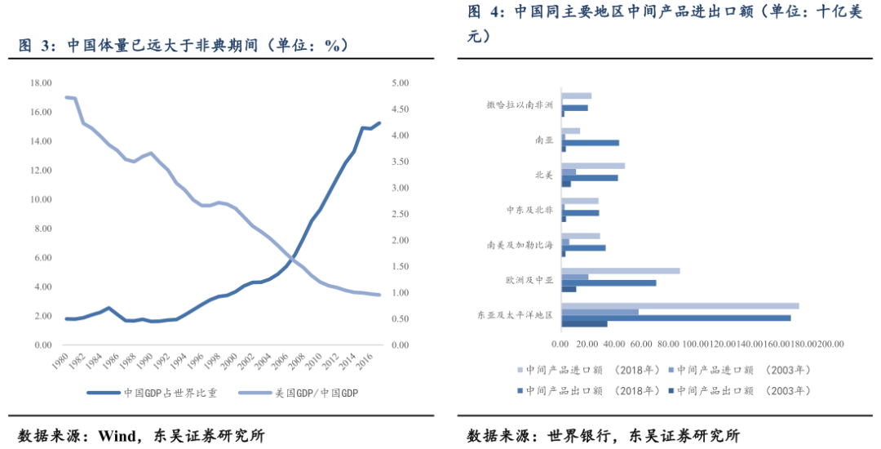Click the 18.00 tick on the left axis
coord(41,83)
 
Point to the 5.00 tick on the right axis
coord(400,83)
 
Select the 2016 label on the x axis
coord(368,361)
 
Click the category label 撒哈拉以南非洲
coord(520,104)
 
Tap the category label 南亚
coord(544,140)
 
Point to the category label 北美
coord(544,174)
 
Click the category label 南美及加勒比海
coord(520,244)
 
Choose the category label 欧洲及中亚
coord(529,280)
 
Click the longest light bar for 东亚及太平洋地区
coord(680,306)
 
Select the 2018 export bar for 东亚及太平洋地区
coord(676,318)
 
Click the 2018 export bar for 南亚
coord(591,143)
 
